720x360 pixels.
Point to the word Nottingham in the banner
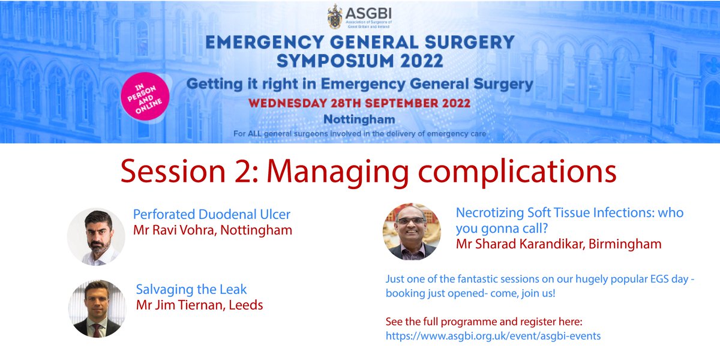359,119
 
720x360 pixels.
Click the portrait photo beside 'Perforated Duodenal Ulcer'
96,236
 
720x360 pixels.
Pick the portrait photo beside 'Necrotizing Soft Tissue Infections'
412,231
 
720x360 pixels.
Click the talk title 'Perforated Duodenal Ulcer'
211,214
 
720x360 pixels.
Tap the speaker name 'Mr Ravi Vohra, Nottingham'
212,230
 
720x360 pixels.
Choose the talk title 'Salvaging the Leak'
191,289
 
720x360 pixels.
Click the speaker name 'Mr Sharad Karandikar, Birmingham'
558,244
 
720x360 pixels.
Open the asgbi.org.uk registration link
493,336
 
